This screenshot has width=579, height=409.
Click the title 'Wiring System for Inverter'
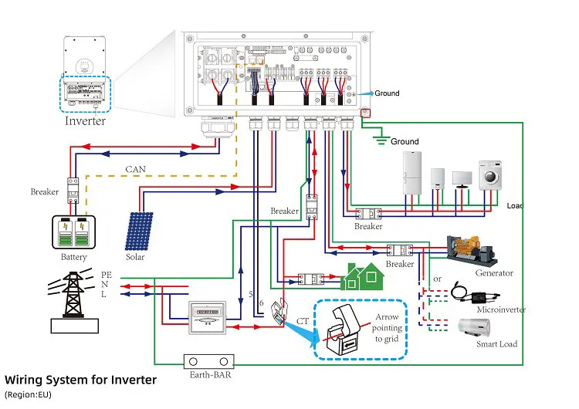(x=80, y=380)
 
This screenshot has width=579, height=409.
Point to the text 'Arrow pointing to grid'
(x=388, y=327)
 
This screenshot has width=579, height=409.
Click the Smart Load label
(x=497, y=343)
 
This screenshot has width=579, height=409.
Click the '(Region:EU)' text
(x=28, y=394)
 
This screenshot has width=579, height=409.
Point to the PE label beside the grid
(x=107, y=274)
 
